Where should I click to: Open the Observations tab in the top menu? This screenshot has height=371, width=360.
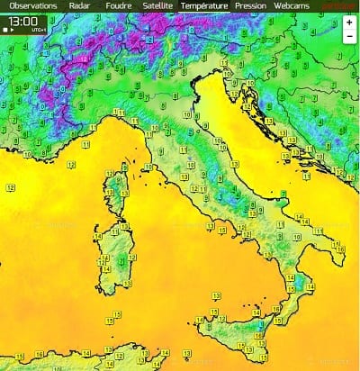pos(31,5)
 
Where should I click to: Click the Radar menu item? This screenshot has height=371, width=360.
pos(80,5)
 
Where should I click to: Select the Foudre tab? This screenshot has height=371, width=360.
pos(116,5)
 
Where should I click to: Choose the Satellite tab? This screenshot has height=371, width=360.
pos(157,5)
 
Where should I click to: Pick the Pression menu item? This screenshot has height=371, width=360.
pos(250,5)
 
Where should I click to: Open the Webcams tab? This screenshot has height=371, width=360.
pos(292,5)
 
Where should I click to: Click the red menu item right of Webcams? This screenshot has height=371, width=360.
pos(337,5)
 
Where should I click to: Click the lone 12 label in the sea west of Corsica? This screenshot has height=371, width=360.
pos(11,186)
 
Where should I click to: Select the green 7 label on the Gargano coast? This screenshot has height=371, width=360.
pos(283,195)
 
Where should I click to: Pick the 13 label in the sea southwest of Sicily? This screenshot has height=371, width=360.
pos(118,313)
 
